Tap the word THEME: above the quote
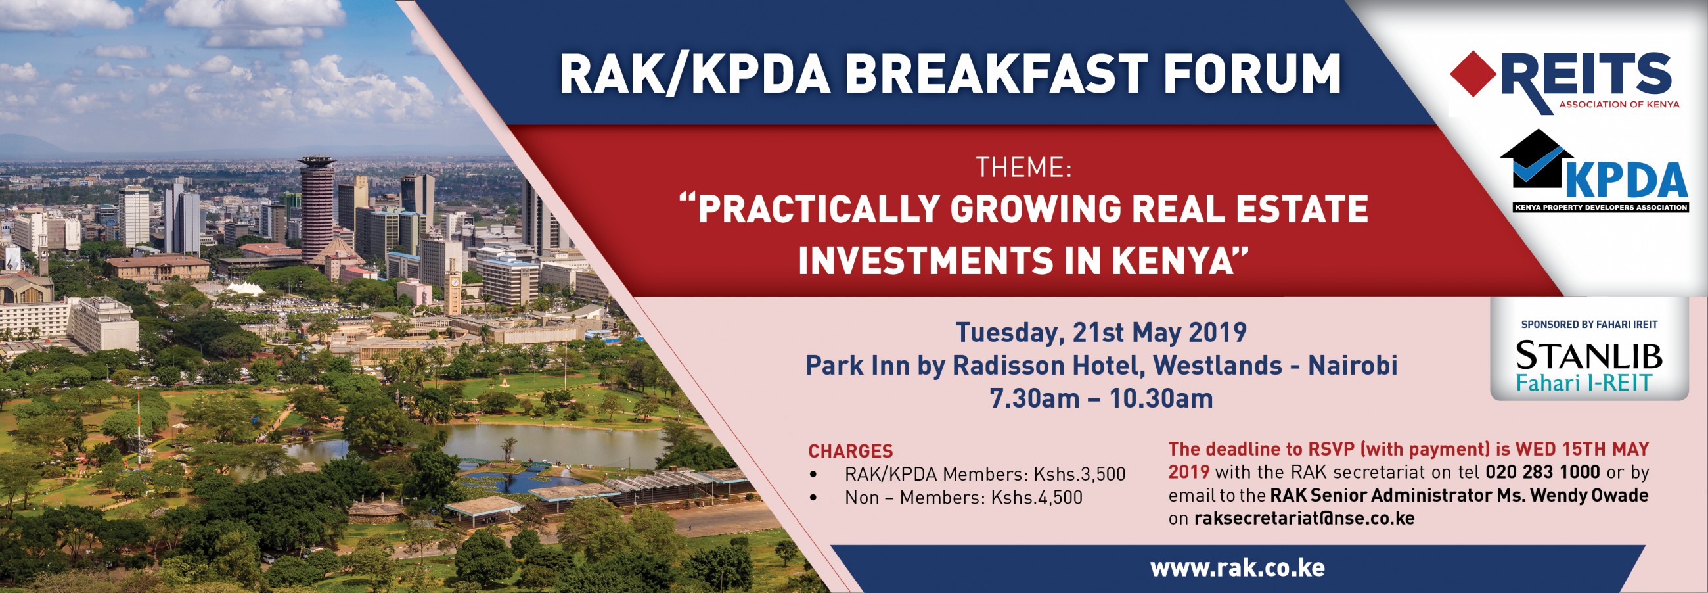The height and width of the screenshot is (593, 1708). pyautogui.click(x=1023, y=168)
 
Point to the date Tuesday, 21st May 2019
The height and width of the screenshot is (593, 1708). pyautogui.click(x=1100, y=332)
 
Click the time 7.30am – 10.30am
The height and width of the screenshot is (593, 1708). pyautogui.click(x=1100, y=398)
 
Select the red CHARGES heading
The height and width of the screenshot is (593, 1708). pyautogui.click(x=850, y=451)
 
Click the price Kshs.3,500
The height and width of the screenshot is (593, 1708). pyautogui.click(x=1079, y=474)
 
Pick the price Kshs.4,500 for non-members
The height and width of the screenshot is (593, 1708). pyautogui.click(x=1037, y=498)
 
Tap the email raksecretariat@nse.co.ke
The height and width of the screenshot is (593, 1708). pyautogui.click(x=1303, y=518)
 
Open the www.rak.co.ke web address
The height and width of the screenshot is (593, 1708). pyautogui.click(x=1236, y=568)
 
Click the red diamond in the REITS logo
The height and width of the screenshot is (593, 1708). pyautogui.click(x=1473, y=74)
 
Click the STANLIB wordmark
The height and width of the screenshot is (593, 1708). pyautogui.click(x=1588, y=356)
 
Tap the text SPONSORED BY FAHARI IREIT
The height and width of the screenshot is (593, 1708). pyautogui.click(x=1588, y=324)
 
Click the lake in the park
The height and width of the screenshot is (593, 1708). pyautogui.click(x=551, y=444)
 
